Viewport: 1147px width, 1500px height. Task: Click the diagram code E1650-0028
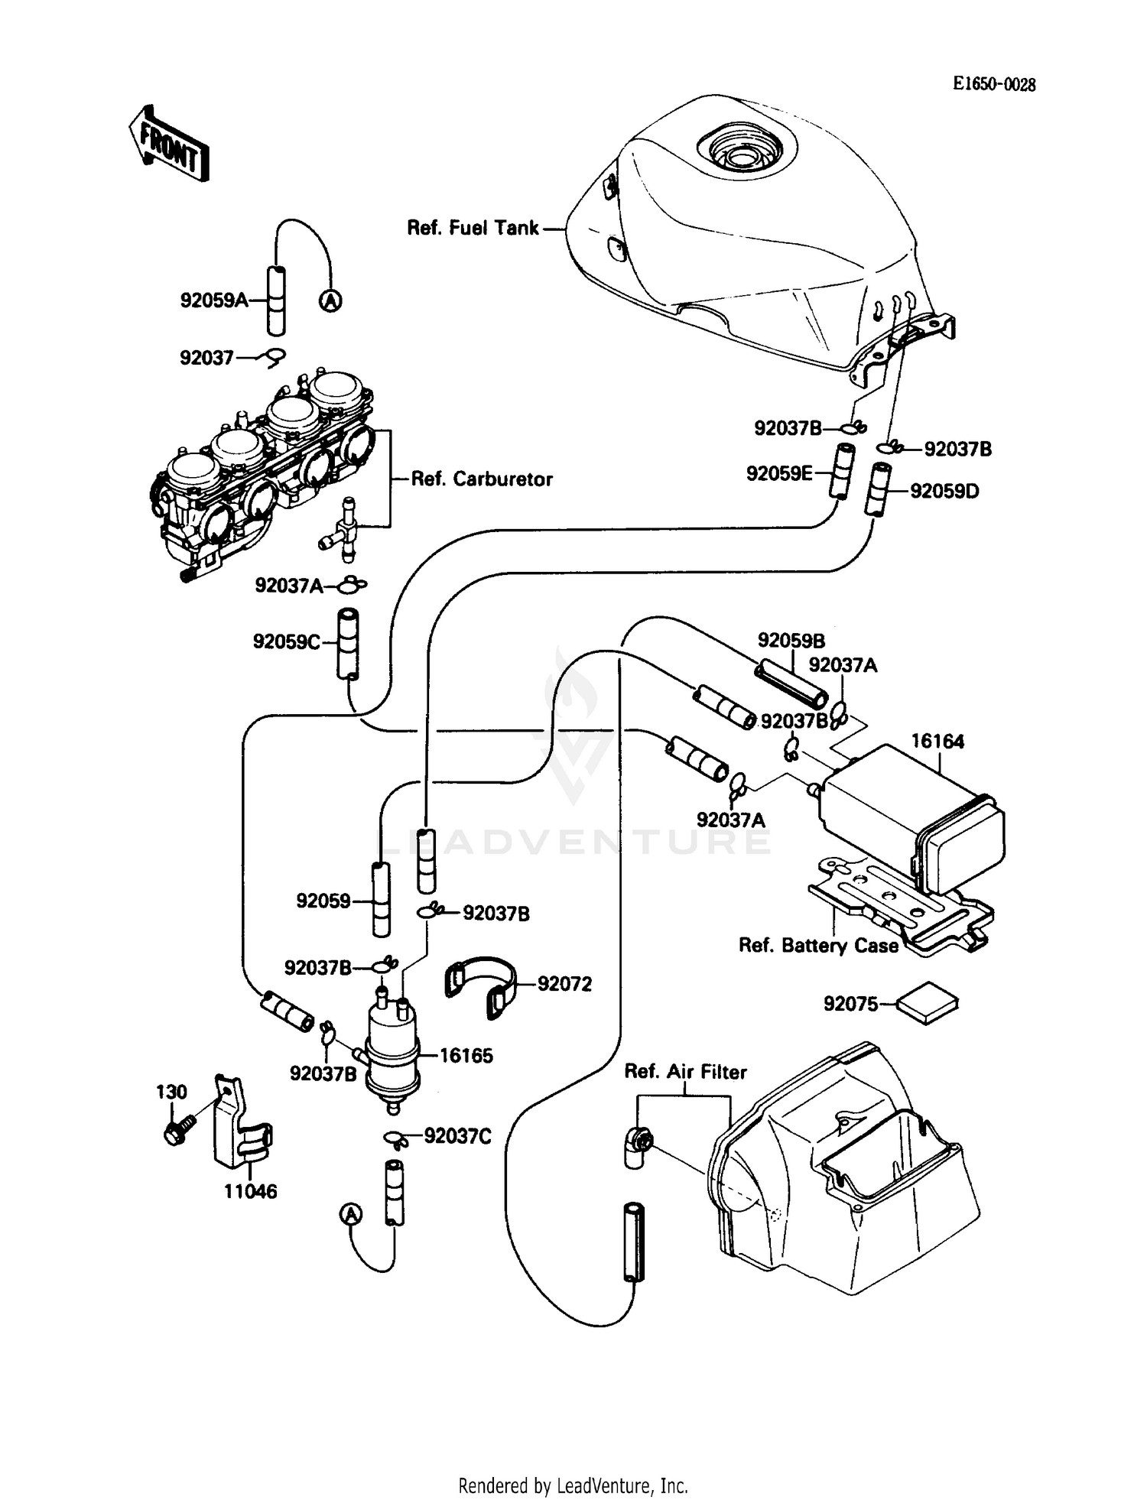point(993,85)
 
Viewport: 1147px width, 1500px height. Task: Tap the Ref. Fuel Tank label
point(473,228)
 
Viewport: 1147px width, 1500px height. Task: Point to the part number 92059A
point(213,300)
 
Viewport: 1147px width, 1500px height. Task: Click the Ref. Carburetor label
point(482,479)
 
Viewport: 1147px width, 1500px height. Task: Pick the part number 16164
point(937,741)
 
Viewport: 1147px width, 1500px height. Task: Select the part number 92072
point(564,984)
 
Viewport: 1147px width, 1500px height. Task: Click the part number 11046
point(250,1191)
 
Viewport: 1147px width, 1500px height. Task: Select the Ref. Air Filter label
point(685,1072)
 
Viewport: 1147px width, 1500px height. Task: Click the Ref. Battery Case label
point(818,946)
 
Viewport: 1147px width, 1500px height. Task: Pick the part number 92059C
point(287,642)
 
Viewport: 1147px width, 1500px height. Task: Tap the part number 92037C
point(457,1136)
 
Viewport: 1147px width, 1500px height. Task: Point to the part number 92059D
point(944,491)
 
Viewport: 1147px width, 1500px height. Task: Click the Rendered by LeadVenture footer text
point(573,1485)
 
